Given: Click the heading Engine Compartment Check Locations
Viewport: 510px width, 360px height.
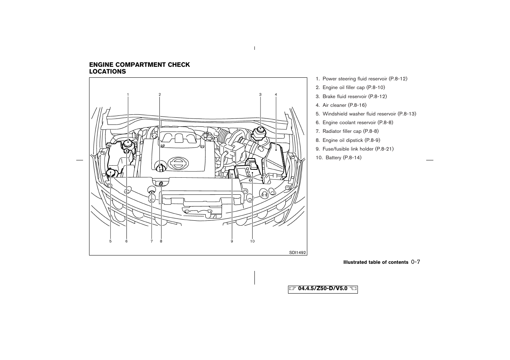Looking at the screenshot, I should [x=139, y=68].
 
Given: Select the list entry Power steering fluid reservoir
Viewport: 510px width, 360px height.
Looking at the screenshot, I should [x=361, y=79].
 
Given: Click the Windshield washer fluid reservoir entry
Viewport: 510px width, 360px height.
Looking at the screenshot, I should [x=366, y=114].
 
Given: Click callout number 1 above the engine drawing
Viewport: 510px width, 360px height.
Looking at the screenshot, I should [x=128, y=94].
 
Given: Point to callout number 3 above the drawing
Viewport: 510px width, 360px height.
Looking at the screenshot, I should [x=260, y=94].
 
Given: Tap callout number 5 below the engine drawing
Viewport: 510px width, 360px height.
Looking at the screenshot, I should [x=111, y=241].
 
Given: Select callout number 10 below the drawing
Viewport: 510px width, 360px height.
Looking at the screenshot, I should [x=252, y=241].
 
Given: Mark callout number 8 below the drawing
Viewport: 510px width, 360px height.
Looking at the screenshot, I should [x=161, y=241].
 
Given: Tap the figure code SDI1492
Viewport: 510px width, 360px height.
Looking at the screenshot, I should [x=298, y=252].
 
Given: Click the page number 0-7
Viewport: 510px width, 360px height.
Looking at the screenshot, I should [x=416, y=262].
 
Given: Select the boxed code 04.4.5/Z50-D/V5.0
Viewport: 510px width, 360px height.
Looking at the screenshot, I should [x=323, y=289].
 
